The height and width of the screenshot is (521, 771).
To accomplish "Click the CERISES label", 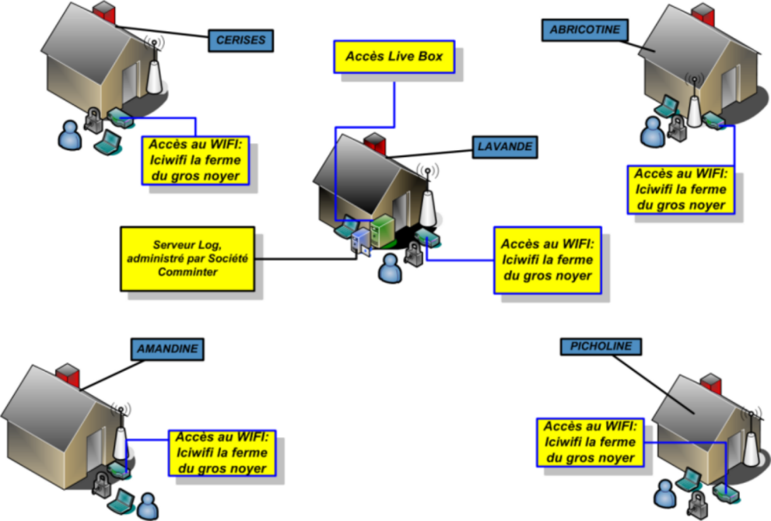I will pyautogui.click(x=241, y=40).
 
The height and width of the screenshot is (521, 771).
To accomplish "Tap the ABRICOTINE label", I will pyautogui.click(x=584, y=30).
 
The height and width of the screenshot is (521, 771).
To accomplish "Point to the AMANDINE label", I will pyautogui.click(x=166, y=349).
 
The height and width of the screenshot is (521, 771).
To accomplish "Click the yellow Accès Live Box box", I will pyautogui.click(x=394, y=58).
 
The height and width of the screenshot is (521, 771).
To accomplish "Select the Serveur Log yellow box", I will pyautogui.click(x=187, y=259).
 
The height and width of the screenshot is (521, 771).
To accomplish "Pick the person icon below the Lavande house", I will pyautogui.click(x=389, y=269).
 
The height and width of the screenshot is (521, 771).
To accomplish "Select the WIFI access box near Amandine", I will pyautogui.click(x=222, y=453).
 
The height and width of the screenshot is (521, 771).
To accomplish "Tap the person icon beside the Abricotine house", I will pyautogui.click(x=652, y=132).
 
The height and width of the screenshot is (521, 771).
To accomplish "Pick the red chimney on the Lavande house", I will pyautogui.click(x=376, y=145).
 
